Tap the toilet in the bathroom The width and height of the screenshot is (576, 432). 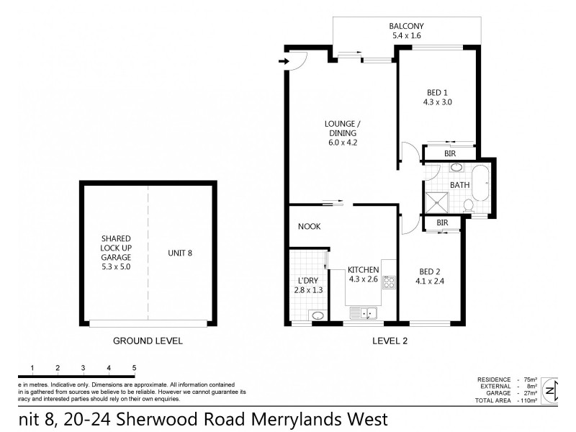point(469,207)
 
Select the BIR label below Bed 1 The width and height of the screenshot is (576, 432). point(449,153)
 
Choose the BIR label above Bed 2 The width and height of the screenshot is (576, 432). point(442,223)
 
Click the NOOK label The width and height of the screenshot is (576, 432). point(309,227)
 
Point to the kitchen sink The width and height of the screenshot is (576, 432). point(364,312)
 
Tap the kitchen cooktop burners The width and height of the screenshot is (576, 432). point(389,282)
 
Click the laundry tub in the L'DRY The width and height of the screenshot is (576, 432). point(318,315)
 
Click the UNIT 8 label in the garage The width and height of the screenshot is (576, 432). point(179,253)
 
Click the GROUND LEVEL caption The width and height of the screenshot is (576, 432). point(148,341)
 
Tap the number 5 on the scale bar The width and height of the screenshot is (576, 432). point(134,368)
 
